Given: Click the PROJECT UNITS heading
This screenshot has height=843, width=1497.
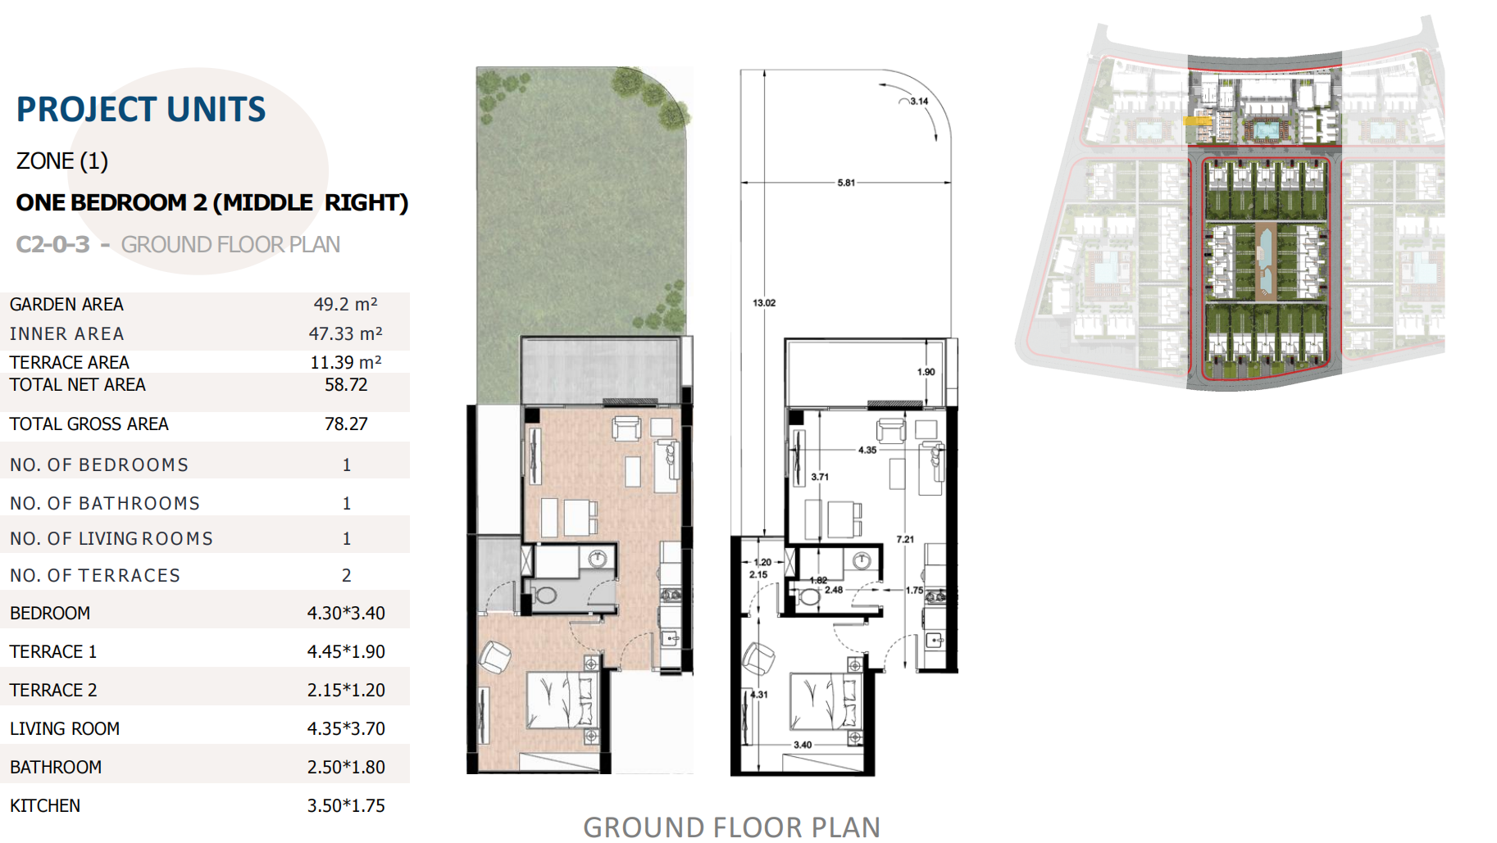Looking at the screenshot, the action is (x=141, y=109).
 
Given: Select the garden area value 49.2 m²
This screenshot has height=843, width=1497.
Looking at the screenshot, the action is (x=345, y=304).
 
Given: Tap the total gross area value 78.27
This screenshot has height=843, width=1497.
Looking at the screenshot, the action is (x=346, y=424).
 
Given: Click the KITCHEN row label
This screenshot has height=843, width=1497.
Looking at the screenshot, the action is (x=45, y=805).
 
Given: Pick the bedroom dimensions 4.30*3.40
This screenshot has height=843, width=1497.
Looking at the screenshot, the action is (x=346, y=613).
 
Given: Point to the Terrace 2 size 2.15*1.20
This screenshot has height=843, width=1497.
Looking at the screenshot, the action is (x=346, y=690).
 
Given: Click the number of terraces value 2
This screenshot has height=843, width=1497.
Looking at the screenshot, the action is (x=347, y=575).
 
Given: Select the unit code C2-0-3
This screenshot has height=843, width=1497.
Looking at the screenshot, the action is (x=53, y=244).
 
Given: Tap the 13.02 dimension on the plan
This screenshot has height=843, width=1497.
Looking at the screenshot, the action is (x=764, y=302).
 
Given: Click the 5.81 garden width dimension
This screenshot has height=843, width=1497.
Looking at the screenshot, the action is (x=846, y=183).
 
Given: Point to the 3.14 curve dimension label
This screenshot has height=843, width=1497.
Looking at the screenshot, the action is (x=919, y=102).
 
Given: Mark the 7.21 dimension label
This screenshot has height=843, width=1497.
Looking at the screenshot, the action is (x=905, y=539).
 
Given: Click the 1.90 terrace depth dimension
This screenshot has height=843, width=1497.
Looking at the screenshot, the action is (x=926, y=372).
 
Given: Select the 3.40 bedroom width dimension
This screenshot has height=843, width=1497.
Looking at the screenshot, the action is (x=803, y=745).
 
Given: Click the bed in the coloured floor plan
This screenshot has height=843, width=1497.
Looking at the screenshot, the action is (x=562, y=700).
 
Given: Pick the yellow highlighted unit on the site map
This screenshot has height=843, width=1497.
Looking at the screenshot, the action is (x=1197, y=120).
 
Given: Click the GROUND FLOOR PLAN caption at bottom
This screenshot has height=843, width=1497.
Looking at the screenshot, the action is (x=731, y=827).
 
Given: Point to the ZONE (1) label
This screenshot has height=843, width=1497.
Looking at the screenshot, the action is (x=62, y=161).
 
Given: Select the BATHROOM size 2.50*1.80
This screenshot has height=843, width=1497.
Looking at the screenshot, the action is (x=346, y=767).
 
